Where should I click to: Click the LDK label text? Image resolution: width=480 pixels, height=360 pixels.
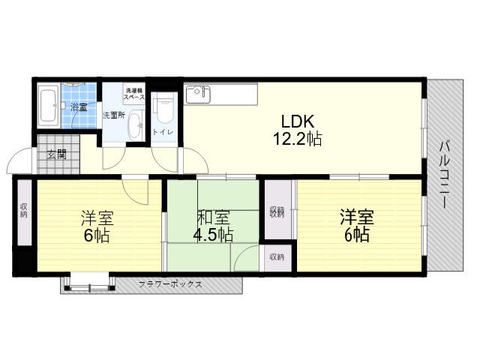tap(298, 121)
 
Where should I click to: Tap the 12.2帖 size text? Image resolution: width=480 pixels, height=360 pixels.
tap(297, 139)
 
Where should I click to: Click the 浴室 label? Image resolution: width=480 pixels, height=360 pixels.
tap(79, 107)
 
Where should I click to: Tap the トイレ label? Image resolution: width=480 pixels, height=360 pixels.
tap(163, 132)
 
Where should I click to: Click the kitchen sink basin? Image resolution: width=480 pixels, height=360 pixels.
tap(198, 94)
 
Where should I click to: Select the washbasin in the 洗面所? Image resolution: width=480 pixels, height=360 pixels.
tap(135, 125)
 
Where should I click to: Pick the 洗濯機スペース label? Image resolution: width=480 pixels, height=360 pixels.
tap(134, 94)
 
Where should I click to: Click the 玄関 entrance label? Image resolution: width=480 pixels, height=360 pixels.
tap(57, 154)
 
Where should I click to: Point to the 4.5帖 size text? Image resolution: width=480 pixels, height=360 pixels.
tap(213, 235)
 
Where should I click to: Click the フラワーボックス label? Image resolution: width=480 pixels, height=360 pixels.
tap(170, 284)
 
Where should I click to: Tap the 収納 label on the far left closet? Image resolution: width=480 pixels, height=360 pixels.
tap(23, 210)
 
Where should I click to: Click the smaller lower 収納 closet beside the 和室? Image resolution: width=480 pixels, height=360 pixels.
tap(277, 257)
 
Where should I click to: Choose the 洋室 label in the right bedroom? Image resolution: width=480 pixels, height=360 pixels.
tap(357, 217)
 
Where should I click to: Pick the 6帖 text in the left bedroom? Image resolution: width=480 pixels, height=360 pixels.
tap(97, 235)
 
